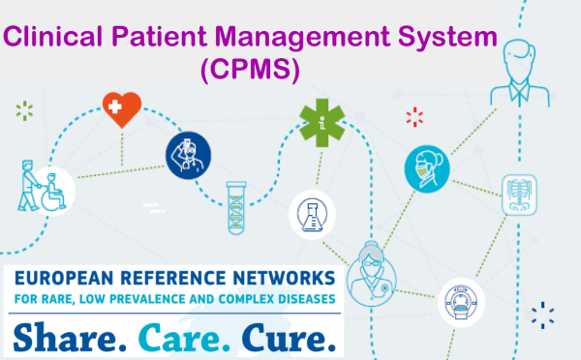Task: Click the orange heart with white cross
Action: point(122,109)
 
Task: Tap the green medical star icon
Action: point(322,123)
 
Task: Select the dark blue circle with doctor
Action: point(188,156)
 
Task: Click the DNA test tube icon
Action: point(236,208)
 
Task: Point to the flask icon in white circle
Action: point(313,215)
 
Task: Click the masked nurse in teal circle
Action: point(427,169)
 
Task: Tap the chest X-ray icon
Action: point(519,195)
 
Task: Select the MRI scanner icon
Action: point(461,303)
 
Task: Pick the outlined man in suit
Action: point(519,74)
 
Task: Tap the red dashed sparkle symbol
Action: point(414,117)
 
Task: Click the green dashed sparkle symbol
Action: point(24,110)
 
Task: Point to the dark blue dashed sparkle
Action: point(543,315)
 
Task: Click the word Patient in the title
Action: point(159,37)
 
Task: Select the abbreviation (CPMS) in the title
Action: point(250,70)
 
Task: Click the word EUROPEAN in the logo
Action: point(64,279)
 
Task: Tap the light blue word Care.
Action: point(185,338)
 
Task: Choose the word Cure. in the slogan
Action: point(289,338)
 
